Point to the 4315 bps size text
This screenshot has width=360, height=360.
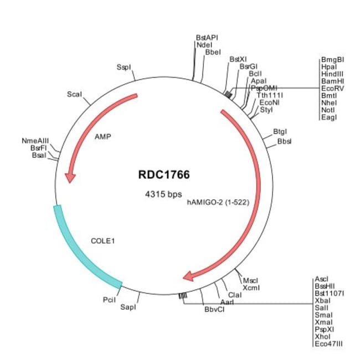pyautogui.click(x=163, y=194)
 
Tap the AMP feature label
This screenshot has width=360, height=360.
pyautogui.click(x=104, y=137)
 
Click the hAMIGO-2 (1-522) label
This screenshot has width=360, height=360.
pyautogui.click(x=218, y=202)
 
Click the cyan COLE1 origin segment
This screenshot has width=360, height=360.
pyautogui.click(x=83, y=249)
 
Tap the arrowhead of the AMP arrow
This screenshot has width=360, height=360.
pyautogui.click(x=70, y=177)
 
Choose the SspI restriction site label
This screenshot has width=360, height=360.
pyautogui.click(x=124, y=67)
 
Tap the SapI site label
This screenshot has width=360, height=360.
pyautogui.click(x=128, y=306)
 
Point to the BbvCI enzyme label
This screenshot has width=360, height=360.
pyautogui.click(x=214, y=308)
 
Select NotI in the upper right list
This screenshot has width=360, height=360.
pyautogui.click(x=328, y=110)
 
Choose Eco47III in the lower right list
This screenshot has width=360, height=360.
pyautogui.click(x=328, y=343)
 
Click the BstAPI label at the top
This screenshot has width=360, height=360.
pyautogui.click(x=207, y=38)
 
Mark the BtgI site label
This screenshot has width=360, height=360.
pyautogui.click(x=280, y=132)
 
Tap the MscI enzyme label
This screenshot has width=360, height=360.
pyautogui.click(x=251, y=280)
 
